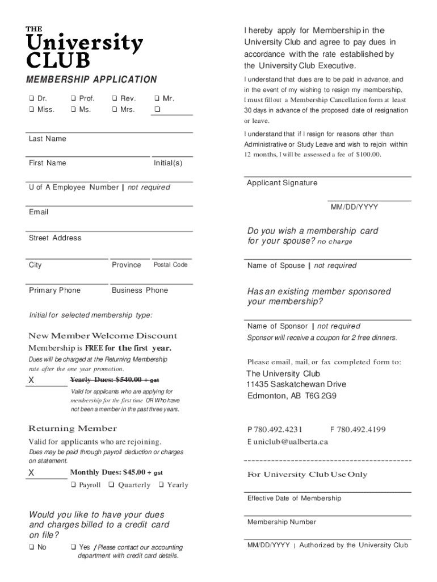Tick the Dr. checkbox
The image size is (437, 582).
(32, 98)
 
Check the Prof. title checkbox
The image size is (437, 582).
(74, 98)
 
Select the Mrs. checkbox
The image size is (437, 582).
(115, 109)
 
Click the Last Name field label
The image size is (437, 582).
(47, 139)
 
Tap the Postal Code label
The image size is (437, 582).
(170, 265)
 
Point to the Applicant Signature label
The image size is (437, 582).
(282, 183)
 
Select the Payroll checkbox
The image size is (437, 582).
(74, 485)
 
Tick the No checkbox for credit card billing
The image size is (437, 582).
(32, 547)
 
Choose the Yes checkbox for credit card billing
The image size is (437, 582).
(74, 547)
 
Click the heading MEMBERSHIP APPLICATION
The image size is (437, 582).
(93, 80)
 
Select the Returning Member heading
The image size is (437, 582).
(73, 429)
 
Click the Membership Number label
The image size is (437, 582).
(281, 522)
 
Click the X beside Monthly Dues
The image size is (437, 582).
(32, 473)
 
